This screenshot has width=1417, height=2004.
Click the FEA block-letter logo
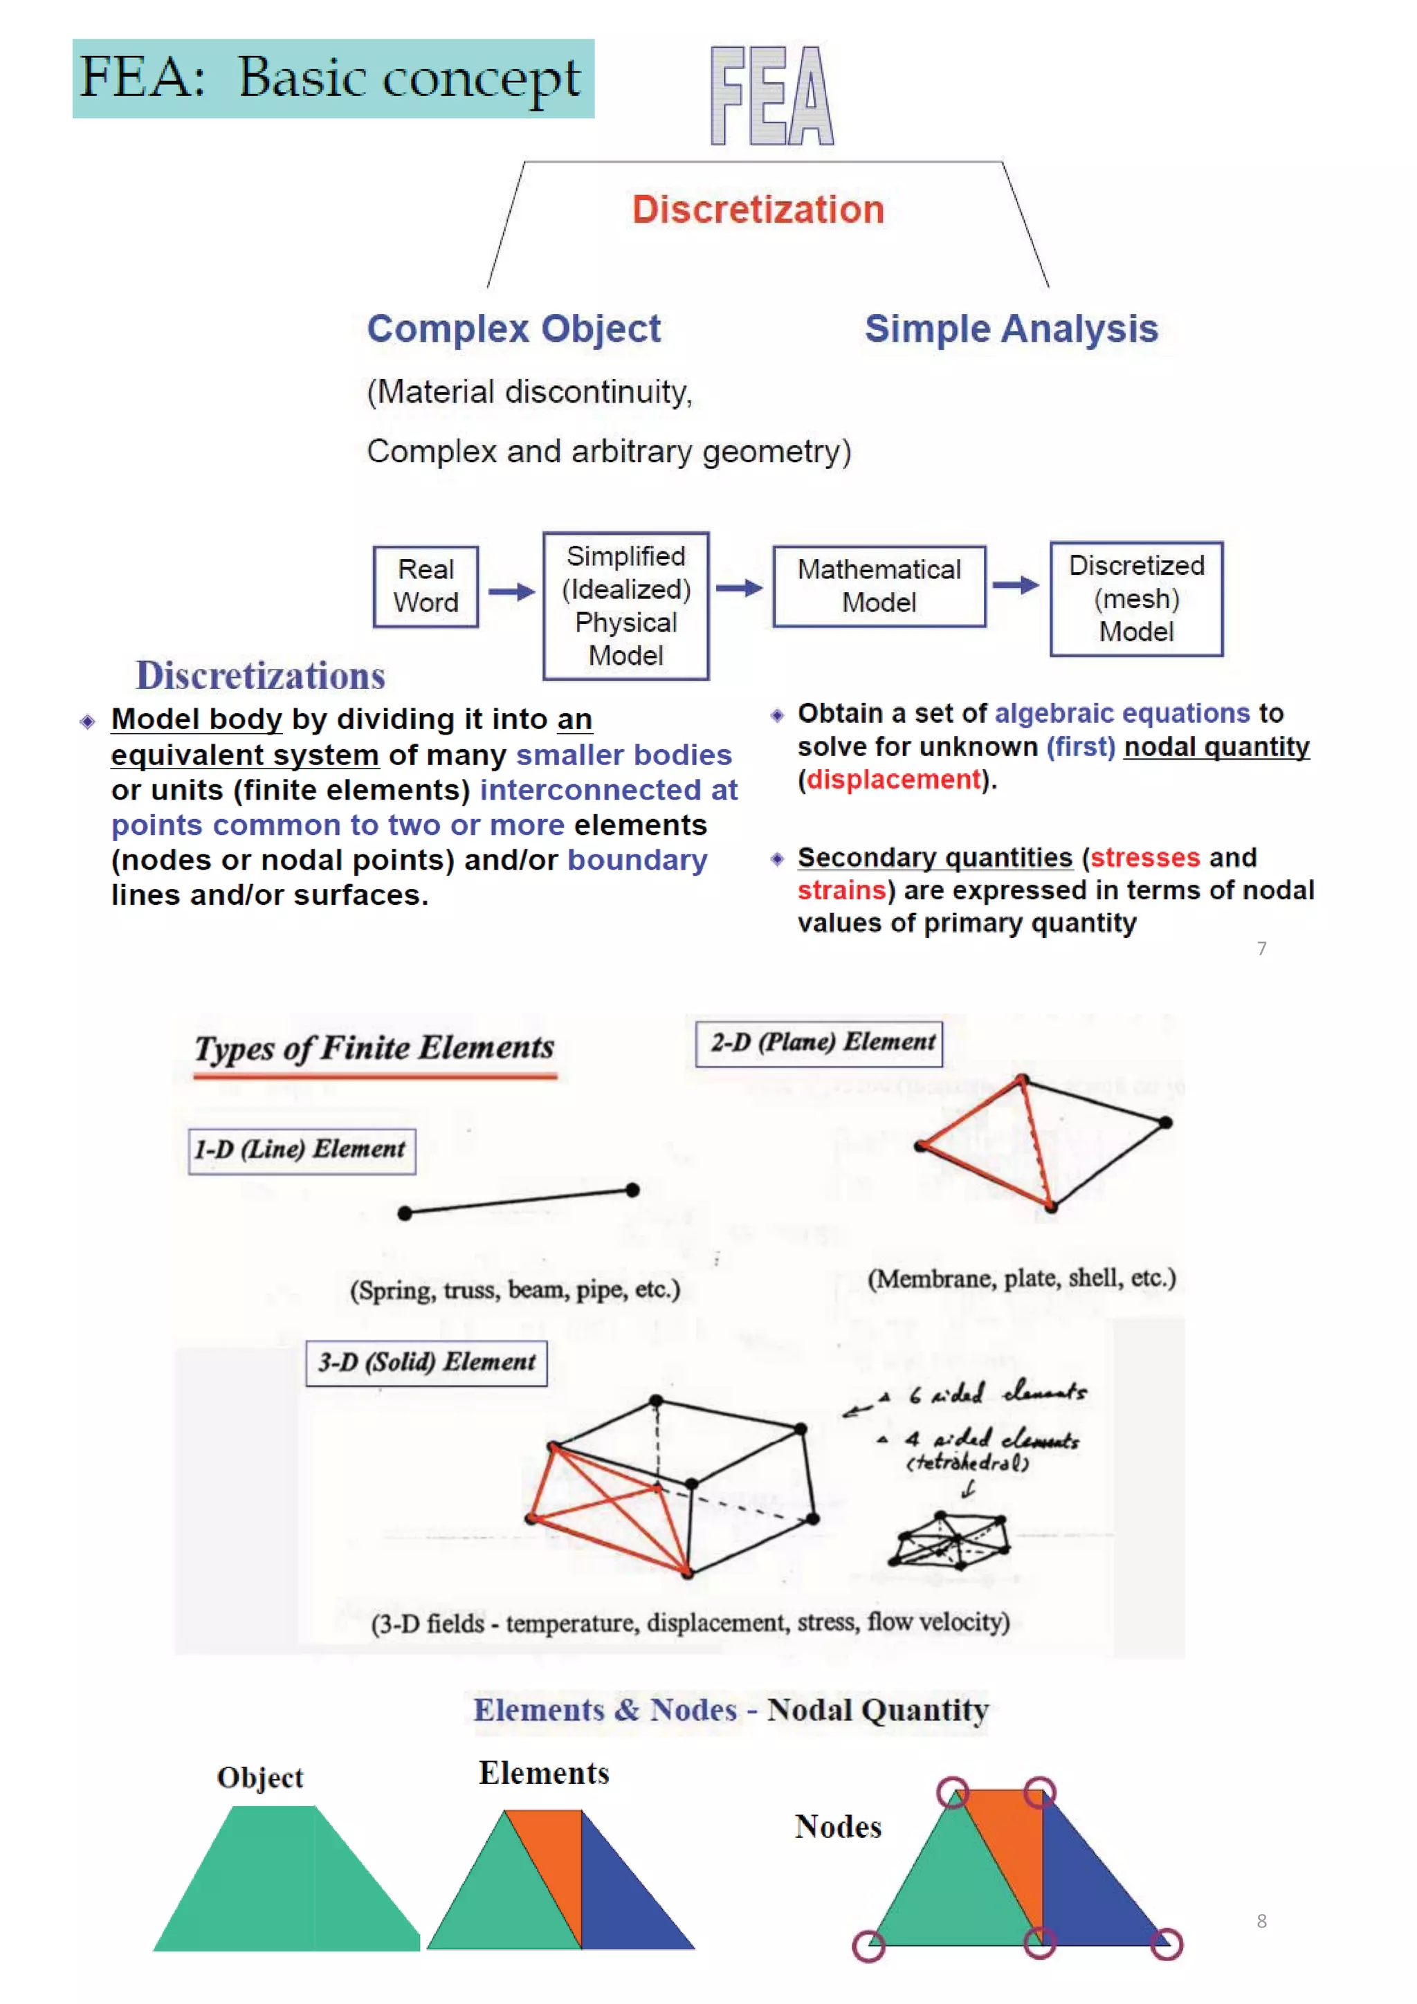coord(771,95)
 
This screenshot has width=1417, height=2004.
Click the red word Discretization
coord(758,210)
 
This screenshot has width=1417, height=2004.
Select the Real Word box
coord(426,587)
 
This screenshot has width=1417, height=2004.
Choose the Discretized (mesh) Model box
coord(1136,599)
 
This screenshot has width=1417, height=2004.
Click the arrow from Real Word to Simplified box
coord(511,591)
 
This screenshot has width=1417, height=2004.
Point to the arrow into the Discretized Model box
coord(1016,585)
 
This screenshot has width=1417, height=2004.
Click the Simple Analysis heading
coord(1011,329)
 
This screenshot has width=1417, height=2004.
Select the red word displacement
coord(893,780)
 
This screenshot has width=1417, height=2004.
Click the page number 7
coord(1261,949)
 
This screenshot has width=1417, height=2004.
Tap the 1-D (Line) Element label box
coord(301,1150)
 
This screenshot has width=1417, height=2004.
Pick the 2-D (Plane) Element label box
coord(819,1044)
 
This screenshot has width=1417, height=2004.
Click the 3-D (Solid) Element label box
coord(426,1363)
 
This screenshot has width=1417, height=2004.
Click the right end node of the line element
coord(633,1190)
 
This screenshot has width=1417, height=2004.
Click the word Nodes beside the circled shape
coord(837,1827)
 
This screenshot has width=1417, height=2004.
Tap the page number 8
coord(1261,1921)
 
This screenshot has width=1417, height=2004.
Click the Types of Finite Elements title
coord(374,1048)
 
